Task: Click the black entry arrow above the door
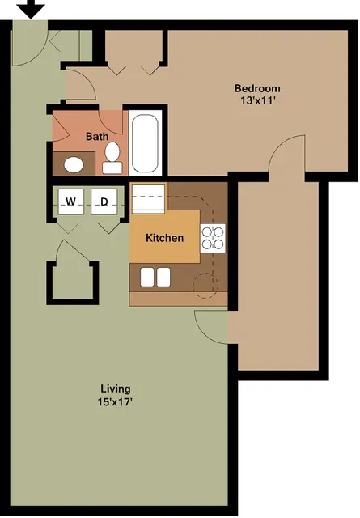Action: (32, 9)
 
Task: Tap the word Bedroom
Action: (257, 88)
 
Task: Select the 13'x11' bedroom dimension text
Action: (257, 100)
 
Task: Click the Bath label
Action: (97, 136)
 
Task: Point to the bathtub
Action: (145, 143)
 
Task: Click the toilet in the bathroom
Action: (112, 158)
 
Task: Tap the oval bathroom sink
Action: (74, 164)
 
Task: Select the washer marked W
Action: (70, 202)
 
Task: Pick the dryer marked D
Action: (104, 202)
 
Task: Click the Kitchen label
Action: (164, 238)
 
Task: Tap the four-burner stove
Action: (213, 238)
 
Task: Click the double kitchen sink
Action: (155, 277)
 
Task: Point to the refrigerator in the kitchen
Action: (148, 199)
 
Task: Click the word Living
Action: (116, 388)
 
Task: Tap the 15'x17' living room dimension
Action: (115, 402)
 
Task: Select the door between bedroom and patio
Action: (286, 153)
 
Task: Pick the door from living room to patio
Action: (211, 328)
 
